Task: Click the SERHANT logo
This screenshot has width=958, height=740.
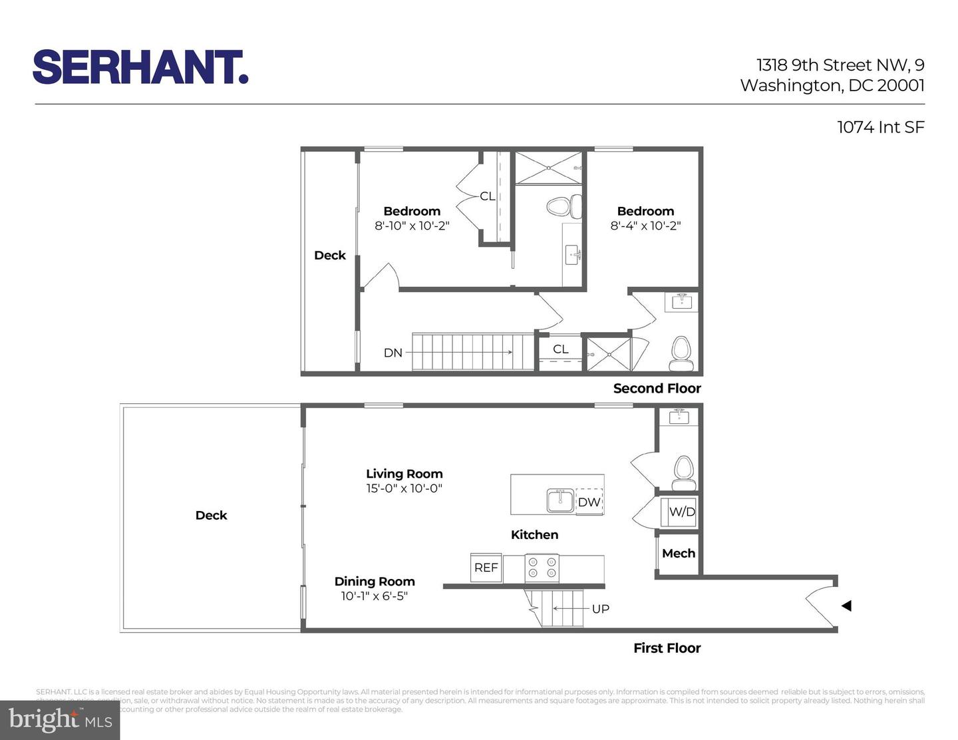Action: [x=140, y=67]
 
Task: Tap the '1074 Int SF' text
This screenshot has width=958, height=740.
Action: [x=880, y=127]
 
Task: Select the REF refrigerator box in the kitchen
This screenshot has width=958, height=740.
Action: [x=486, y=568]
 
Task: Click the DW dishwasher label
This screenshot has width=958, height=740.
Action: [x=589, y=502]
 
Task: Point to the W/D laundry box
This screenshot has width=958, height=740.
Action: [x=681, y=512]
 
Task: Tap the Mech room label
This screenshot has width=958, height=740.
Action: [x=679, y=553]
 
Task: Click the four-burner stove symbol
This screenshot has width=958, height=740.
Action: [x=542, y=568]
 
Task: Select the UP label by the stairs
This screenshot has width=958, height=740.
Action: [x=600, y=608]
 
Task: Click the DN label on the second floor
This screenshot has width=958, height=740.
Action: [x=393, y=353]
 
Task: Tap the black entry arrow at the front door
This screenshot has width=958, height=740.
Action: [x=846, y=606]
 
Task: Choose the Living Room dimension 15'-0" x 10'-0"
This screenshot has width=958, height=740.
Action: [x=404, y=488]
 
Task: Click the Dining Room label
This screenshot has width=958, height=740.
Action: [x=375, y=581]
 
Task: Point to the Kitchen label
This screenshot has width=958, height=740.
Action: [x=534, y=534]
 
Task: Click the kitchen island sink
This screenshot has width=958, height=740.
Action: [x=561, y=500]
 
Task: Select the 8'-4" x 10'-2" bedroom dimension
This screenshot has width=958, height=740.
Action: [x=645, y=226]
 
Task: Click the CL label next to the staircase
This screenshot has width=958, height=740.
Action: [x=561, y=349]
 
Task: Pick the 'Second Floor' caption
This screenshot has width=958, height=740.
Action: [x=657, y=389]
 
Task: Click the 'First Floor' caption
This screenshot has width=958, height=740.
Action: [x=667, y=648]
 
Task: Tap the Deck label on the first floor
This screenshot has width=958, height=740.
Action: [x=211, y=515]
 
